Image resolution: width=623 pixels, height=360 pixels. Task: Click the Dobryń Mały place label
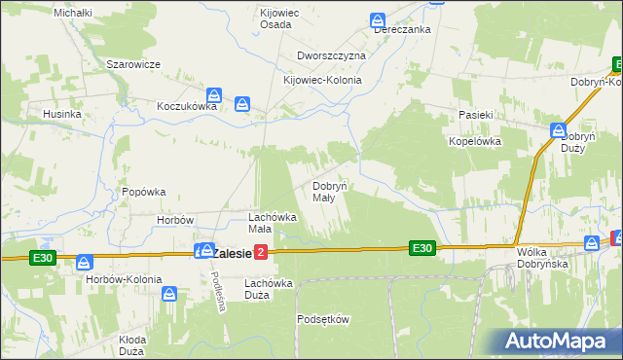pos(328,191)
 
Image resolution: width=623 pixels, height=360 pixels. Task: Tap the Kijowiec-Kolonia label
pos(322,81)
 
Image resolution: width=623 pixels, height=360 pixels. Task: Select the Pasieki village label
pos(479,115)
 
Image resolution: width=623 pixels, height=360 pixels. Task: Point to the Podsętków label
pos(322,318)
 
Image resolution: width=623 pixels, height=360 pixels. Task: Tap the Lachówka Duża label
pos(270,288)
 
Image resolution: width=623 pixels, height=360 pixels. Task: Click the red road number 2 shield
pos(260,253)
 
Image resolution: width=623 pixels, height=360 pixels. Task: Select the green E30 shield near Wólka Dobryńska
pos(421,248)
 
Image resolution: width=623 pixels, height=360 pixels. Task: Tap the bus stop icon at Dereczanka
pos(378,19)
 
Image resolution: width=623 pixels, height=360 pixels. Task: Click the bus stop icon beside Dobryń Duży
pos(559,130)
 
